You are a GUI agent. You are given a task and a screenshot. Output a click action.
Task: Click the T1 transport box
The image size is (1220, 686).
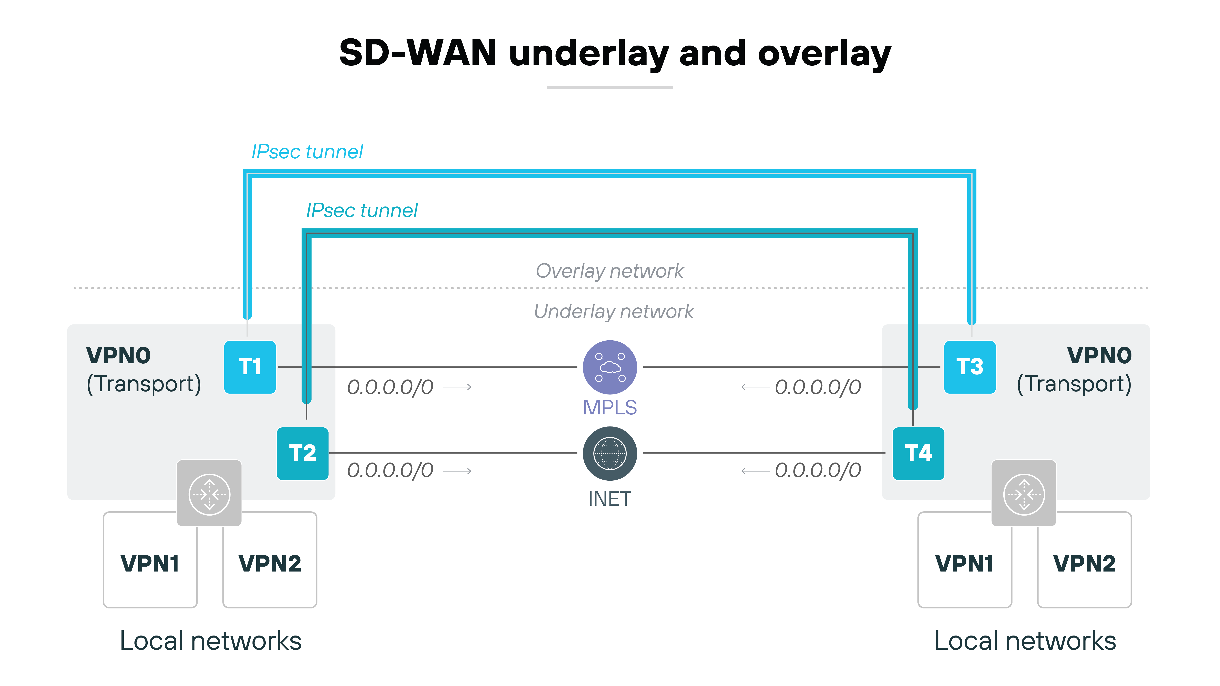250,367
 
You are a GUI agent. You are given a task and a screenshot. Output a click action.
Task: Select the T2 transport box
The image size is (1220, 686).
302,453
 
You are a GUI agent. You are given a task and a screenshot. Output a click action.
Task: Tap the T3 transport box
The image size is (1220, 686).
970,367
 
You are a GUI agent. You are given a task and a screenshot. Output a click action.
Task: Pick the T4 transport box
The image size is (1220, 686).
918,453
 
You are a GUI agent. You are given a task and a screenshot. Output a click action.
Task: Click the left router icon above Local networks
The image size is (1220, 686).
209,493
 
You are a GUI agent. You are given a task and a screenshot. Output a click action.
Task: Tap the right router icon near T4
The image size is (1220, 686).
1023,493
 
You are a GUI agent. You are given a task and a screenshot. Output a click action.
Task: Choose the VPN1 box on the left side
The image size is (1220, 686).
150,563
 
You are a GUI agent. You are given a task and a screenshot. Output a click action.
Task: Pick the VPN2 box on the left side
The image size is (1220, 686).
270,563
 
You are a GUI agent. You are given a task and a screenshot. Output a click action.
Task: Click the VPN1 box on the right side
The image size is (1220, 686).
964,563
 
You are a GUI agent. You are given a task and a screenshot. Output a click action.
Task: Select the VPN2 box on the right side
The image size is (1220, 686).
1084,563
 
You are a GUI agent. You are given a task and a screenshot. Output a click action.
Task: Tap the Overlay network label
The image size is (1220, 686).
609,271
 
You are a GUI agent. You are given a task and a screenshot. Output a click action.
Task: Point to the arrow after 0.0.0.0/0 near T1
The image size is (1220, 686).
457,387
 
